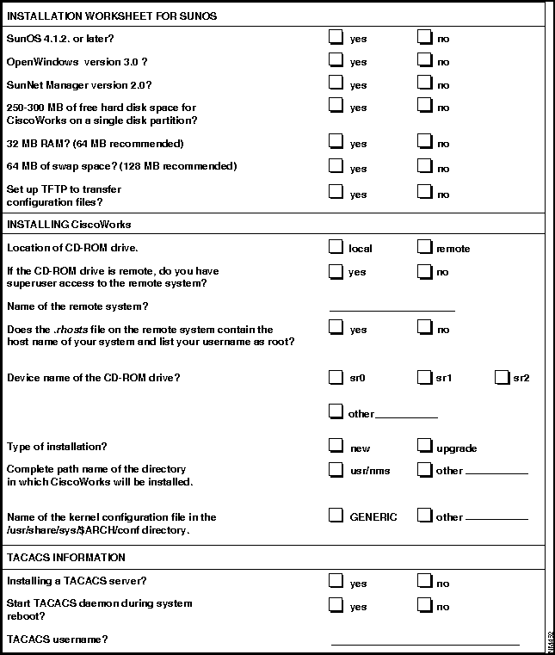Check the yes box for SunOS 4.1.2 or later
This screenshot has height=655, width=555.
[x=336, y=37]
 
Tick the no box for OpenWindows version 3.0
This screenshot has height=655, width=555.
[x=423, y=60]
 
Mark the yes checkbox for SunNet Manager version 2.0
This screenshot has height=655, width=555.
[x=336, y=83]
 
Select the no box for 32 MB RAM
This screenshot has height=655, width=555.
[x=423, y=141]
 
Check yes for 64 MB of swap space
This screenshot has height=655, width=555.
[x=336, y=166]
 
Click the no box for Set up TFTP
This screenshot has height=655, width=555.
[x=423, y=192]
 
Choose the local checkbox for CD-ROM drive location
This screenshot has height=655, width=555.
[x=336, y=247]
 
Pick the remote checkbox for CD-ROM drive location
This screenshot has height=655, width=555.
[x=423, y=247]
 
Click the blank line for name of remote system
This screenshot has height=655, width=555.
[x=392, y=306]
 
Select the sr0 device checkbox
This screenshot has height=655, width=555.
[x=336, y=376]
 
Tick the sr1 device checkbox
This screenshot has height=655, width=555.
[x=423, y=376]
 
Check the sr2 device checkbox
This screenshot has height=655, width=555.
[x=502, y=376]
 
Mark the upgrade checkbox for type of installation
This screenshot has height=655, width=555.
[x=423, y=446]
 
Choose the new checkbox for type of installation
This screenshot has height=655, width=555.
[x=336, y=446]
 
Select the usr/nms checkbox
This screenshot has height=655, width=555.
[x=336, y=469]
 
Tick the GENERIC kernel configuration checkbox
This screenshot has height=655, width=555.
[x=336, y=516]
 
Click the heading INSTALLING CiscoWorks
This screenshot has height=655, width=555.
[x=69, y=225]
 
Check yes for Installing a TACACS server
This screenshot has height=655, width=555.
[x=336, y=581]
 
